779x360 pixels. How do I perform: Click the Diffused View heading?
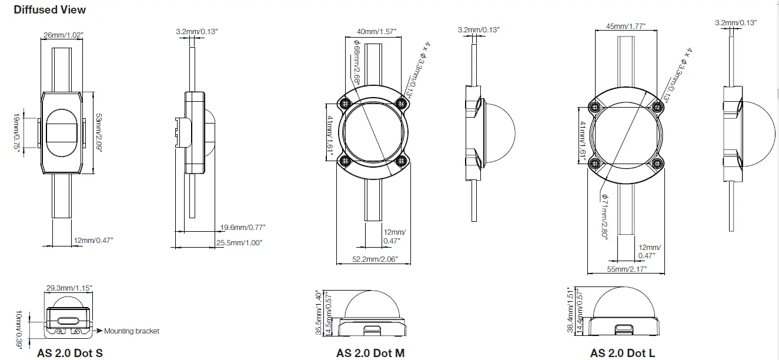[x=49, y=9]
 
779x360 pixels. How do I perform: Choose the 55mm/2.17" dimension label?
[x=627, y=269]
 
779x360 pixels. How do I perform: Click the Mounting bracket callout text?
[x=132, y=331]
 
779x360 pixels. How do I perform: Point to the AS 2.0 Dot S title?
[x=70, y=353]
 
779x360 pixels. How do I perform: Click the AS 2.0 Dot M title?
[x=370, y=353]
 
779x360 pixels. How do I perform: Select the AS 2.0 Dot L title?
[x=623, y=353]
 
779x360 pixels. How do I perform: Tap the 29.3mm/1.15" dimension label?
[x=69, y=288]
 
